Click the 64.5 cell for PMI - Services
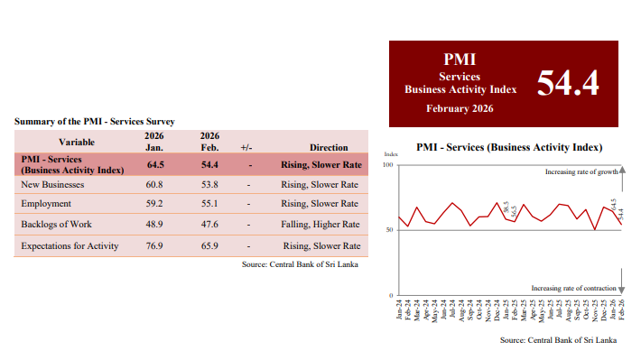154,164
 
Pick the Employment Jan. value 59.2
154,204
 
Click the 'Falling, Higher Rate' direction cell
321,224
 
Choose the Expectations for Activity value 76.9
154,245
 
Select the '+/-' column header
246,146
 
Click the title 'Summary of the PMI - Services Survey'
95,121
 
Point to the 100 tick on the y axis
388,165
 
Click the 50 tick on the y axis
390,230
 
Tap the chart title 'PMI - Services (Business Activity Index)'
509,147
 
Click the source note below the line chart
558,340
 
